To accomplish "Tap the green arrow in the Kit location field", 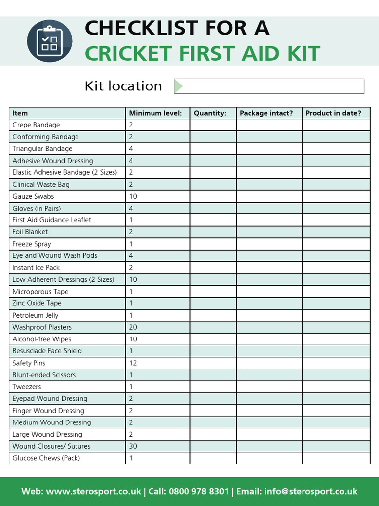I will point(178,86).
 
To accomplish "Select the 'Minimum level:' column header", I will point(155,113).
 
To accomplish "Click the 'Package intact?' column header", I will point(266,113).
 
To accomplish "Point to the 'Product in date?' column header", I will point(333,113).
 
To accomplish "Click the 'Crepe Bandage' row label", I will point(36,125).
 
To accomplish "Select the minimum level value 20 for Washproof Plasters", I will point(133,327).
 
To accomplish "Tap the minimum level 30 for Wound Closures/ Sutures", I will point(133,446).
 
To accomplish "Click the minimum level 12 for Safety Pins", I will point(133,363).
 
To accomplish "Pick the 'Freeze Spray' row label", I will point(32,244).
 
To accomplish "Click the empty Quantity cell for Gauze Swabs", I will point(213,196).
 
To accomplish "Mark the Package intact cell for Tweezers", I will point(269,387).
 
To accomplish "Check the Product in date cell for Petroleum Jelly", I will point(336,315).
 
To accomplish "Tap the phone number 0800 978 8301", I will point(198,491).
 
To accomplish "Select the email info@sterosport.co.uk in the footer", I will point(310,491).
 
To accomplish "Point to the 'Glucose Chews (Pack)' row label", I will point(46,458).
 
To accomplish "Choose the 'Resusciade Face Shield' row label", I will point(47,351).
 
